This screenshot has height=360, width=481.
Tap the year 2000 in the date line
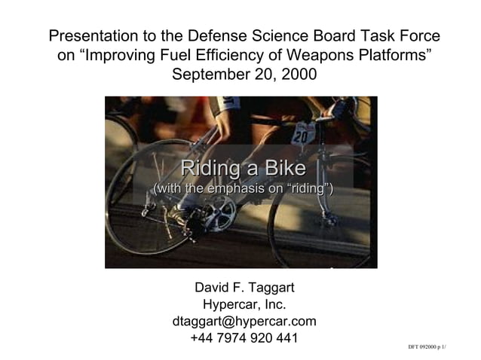coord(296,75)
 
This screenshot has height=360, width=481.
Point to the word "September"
coord(207,75)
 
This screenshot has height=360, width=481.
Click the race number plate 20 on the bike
coord(300,136)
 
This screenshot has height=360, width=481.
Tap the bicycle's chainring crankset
coord(219,214)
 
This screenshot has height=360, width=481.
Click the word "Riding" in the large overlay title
coord(207,167)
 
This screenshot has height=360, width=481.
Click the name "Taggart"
coord(265,288)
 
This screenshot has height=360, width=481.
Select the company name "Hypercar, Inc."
coord(244,305)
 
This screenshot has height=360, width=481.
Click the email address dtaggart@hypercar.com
coord(244,322)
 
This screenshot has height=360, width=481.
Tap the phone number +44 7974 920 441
coord(244,338)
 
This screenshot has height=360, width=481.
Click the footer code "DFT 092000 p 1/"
coord(427,347)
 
